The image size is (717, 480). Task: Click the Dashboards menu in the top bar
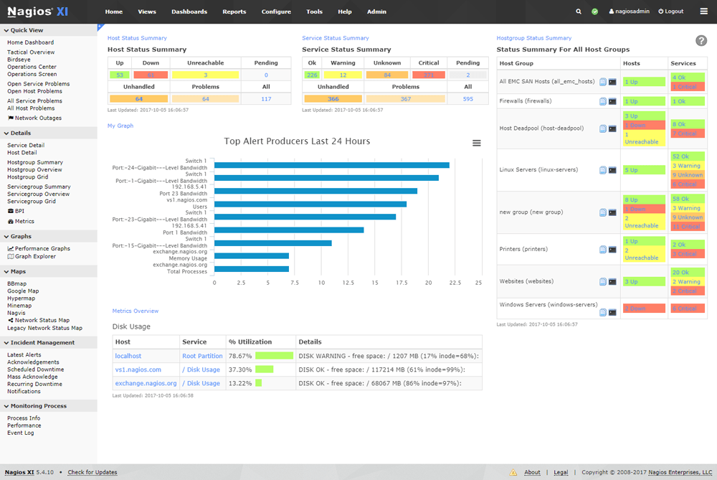pyautogui.click(x=189, y=11)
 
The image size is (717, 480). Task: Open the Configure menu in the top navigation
pyautogui.click(x=276, y=11)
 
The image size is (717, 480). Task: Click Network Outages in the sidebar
pyautogui.click(x=38, y=118)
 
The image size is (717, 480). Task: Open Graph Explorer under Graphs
pyautogui.click(x=36, y=256)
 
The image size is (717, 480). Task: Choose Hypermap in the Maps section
pyautogui.click(x=21, y=298)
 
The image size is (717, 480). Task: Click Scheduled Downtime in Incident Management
pyautogui.click(x=35, y=370)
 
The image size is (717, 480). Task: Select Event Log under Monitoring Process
pyautogui.click(x=20, y=433)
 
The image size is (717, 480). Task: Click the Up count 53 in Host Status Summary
pyautogui.click(x=119, y=75)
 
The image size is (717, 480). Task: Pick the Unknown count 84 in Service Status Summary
pyautogui.click(x=387, y=75)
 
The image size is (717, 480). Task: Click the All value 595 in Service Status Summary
pyautogui.click(x=467, y=99)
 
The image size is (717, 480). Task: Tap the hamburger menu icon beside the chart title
pyautogui.click(x=477, y=143)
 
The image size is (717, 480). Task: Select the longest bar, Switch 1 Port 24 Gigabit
pyautogui.click(x=331, y=165)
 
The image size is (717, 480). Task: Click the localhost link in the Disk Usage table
pyautogui.click(x=128, y=356)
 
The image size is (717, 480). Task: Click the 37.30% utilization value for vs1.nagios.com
pyautogui.click(x=239, y=370)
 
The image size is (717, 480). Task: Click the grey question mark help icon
pyautogui.click(x=701, y=42)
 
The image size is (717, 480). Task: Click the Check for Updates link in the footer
pyautogui.click(x=92, y=472)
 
